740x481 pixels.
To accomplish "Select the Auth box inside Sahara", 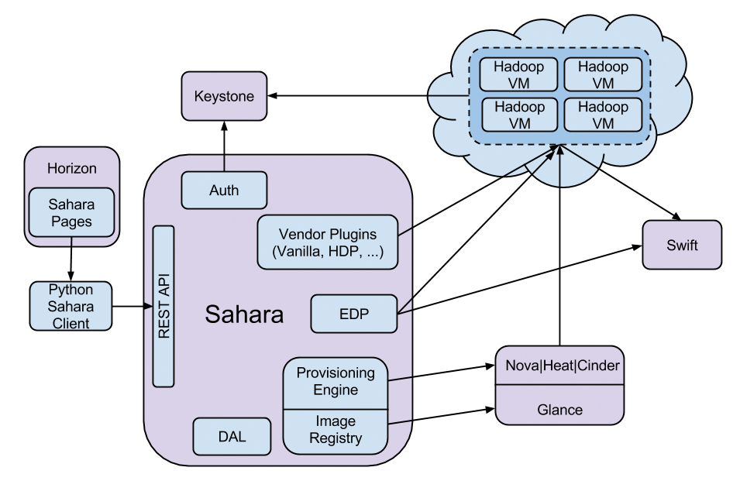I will (x=224, y=191).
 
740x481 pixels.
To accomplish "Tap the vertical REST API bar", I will (x=163, y=307).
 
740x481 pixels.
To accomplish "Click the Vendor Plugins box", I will (x=328, y=242).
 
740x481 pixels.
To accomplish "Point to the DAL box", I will (x=232, y=436).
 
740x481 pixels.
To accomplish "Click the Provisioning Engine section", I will (x=334, y=381).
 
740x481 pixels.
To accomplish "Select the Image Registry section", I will (x=334, y=429).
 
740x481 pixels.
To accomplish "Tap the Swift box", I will (x=682, y=245).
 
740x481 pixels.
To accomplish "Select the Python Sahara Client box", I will (x=71, y=307).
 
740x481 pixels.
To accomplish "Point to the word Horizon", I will (x=71, y=167).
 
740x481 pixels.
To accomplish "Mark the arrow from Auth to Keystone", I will (x=224, y=143).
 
